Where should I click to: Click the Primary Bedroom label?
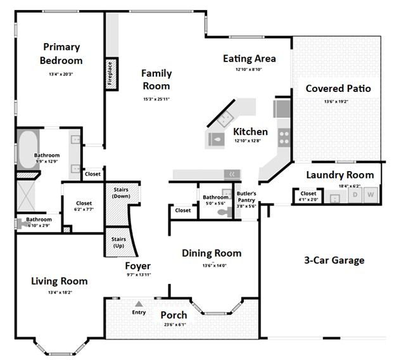(x=61, y=54)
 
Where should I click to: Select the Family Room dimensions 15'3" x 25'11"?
(x=156, y=100)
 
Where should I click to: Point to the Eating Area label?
(x=249, y=58)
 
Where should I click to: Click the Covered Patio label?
(x=338, y=88)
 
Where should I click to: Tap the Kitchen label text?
(x=250, y=132)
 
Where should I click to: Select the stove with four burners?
(x=282, y=134)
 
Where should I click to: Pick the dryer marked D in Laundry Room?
(x=355, y=195)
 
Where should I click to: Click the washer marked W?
(x=370, y=195)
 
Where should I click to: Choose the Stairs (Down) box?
(x=121, y=193)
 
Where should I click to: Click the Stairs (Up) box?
(x=118, y=242)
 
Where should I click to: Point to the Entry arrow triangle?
(x=139, y=304)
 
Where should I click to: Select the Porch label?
(x=173, y=315)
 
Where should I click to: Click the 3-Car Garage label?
(x=334, y=260)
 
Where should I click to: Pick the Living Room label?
(x=59, y=281)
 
